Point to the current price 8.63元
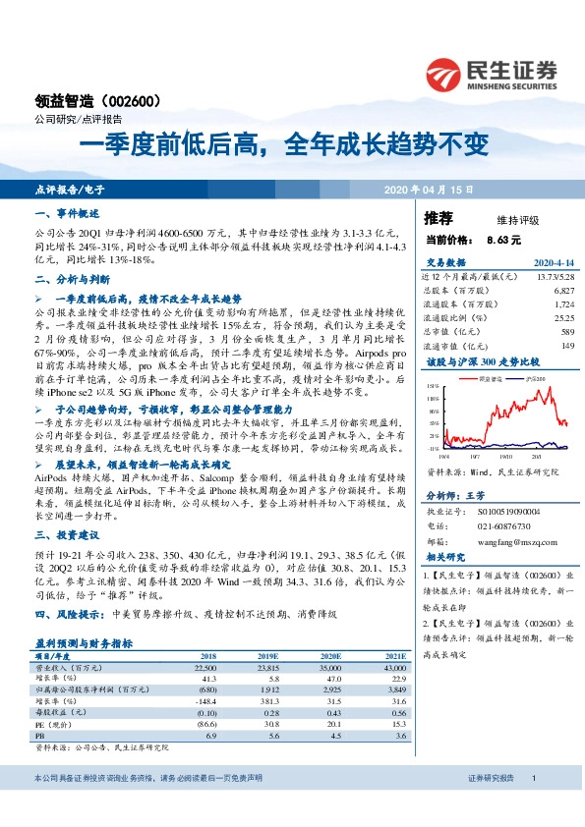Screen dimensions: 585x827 coord(503,239)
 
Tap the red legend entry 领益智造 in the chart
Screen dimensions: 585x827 coord(489,377)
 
